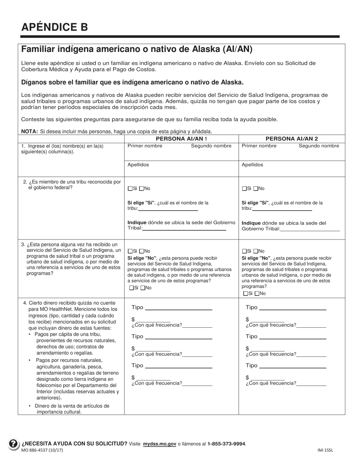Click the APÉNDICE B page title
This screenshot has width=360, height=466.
tap(55, 27)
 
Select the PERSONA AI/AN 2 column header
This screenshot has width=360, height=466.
tap(291, 139)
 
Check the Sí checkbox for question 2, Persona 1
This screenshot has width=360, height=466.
tap(130, 189)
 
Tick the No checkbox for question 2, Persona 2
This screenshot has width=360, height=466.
tap(256, 189)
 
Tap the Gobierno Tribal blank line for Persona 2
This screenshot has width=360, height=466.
tap(310, 229)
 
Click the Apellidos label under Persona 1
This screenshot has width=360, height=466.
tap(138, 165)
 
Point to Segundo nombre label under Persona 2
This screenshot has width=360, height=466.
tap(319, 146)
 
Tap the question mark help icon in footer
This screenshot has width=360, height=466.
tap(13, 443)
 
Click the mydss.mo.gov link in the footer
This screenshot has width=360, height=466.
tap(159, 444)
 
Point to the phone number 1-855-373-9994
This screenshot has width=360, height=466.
tap(226, 444)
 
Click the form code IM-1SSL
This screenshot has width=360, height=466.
tap(325, 450)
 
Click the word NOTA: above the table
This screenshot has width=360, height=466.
tap(29, 131)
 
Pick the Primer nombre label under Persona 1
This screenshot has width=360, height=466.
tap(145, 146)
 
